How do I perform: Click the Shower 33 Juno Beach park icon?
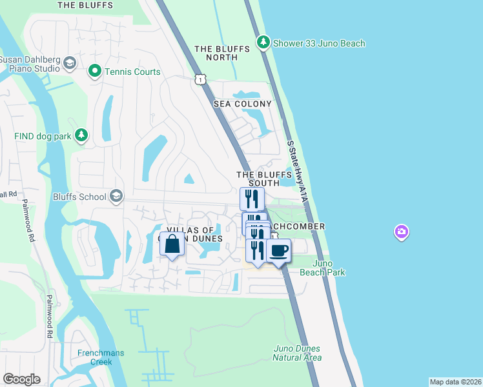point(263,43)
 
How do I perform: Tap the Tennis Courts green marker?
point(95,71)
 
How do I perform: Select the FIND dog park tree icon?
point(81,135)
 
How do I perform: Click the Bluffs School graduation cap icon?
point(116,196)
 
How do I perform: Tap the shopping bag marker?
point(172,245)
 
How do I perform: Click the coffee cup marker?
point(278,250)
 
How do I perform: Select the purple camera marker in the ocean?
point(402,232)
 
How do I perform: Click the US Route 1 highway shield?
point(201,79)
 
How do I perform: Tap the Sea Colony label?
point(244,104)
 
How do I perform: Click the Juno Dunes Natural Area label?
point(296,353)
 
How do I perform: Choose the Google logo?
point(21,379)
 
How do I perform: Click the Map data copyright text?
point(455,382)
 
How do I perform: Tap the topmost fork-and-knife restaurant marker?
point(252,197)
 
